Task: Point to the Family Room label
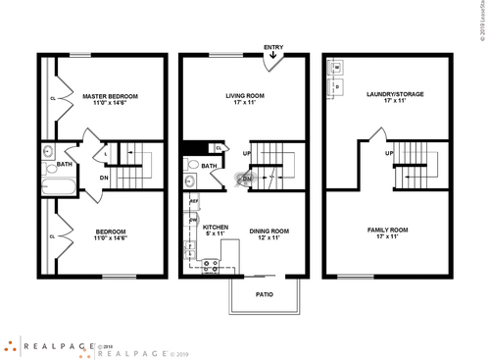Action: (x=389, y=231)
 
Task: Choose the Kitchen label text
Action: (x=215, y=228)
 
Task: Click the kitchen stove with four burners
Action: (x=210, y=264)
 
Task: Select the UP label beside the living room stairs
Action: (x=247, y=154)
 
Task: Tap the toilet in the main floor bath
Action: (x=189, y=182)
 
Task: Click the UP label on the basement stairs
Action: (x=389, y=154)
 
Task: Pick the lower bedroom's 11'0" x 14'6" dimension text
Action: (x=110, y=238)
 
